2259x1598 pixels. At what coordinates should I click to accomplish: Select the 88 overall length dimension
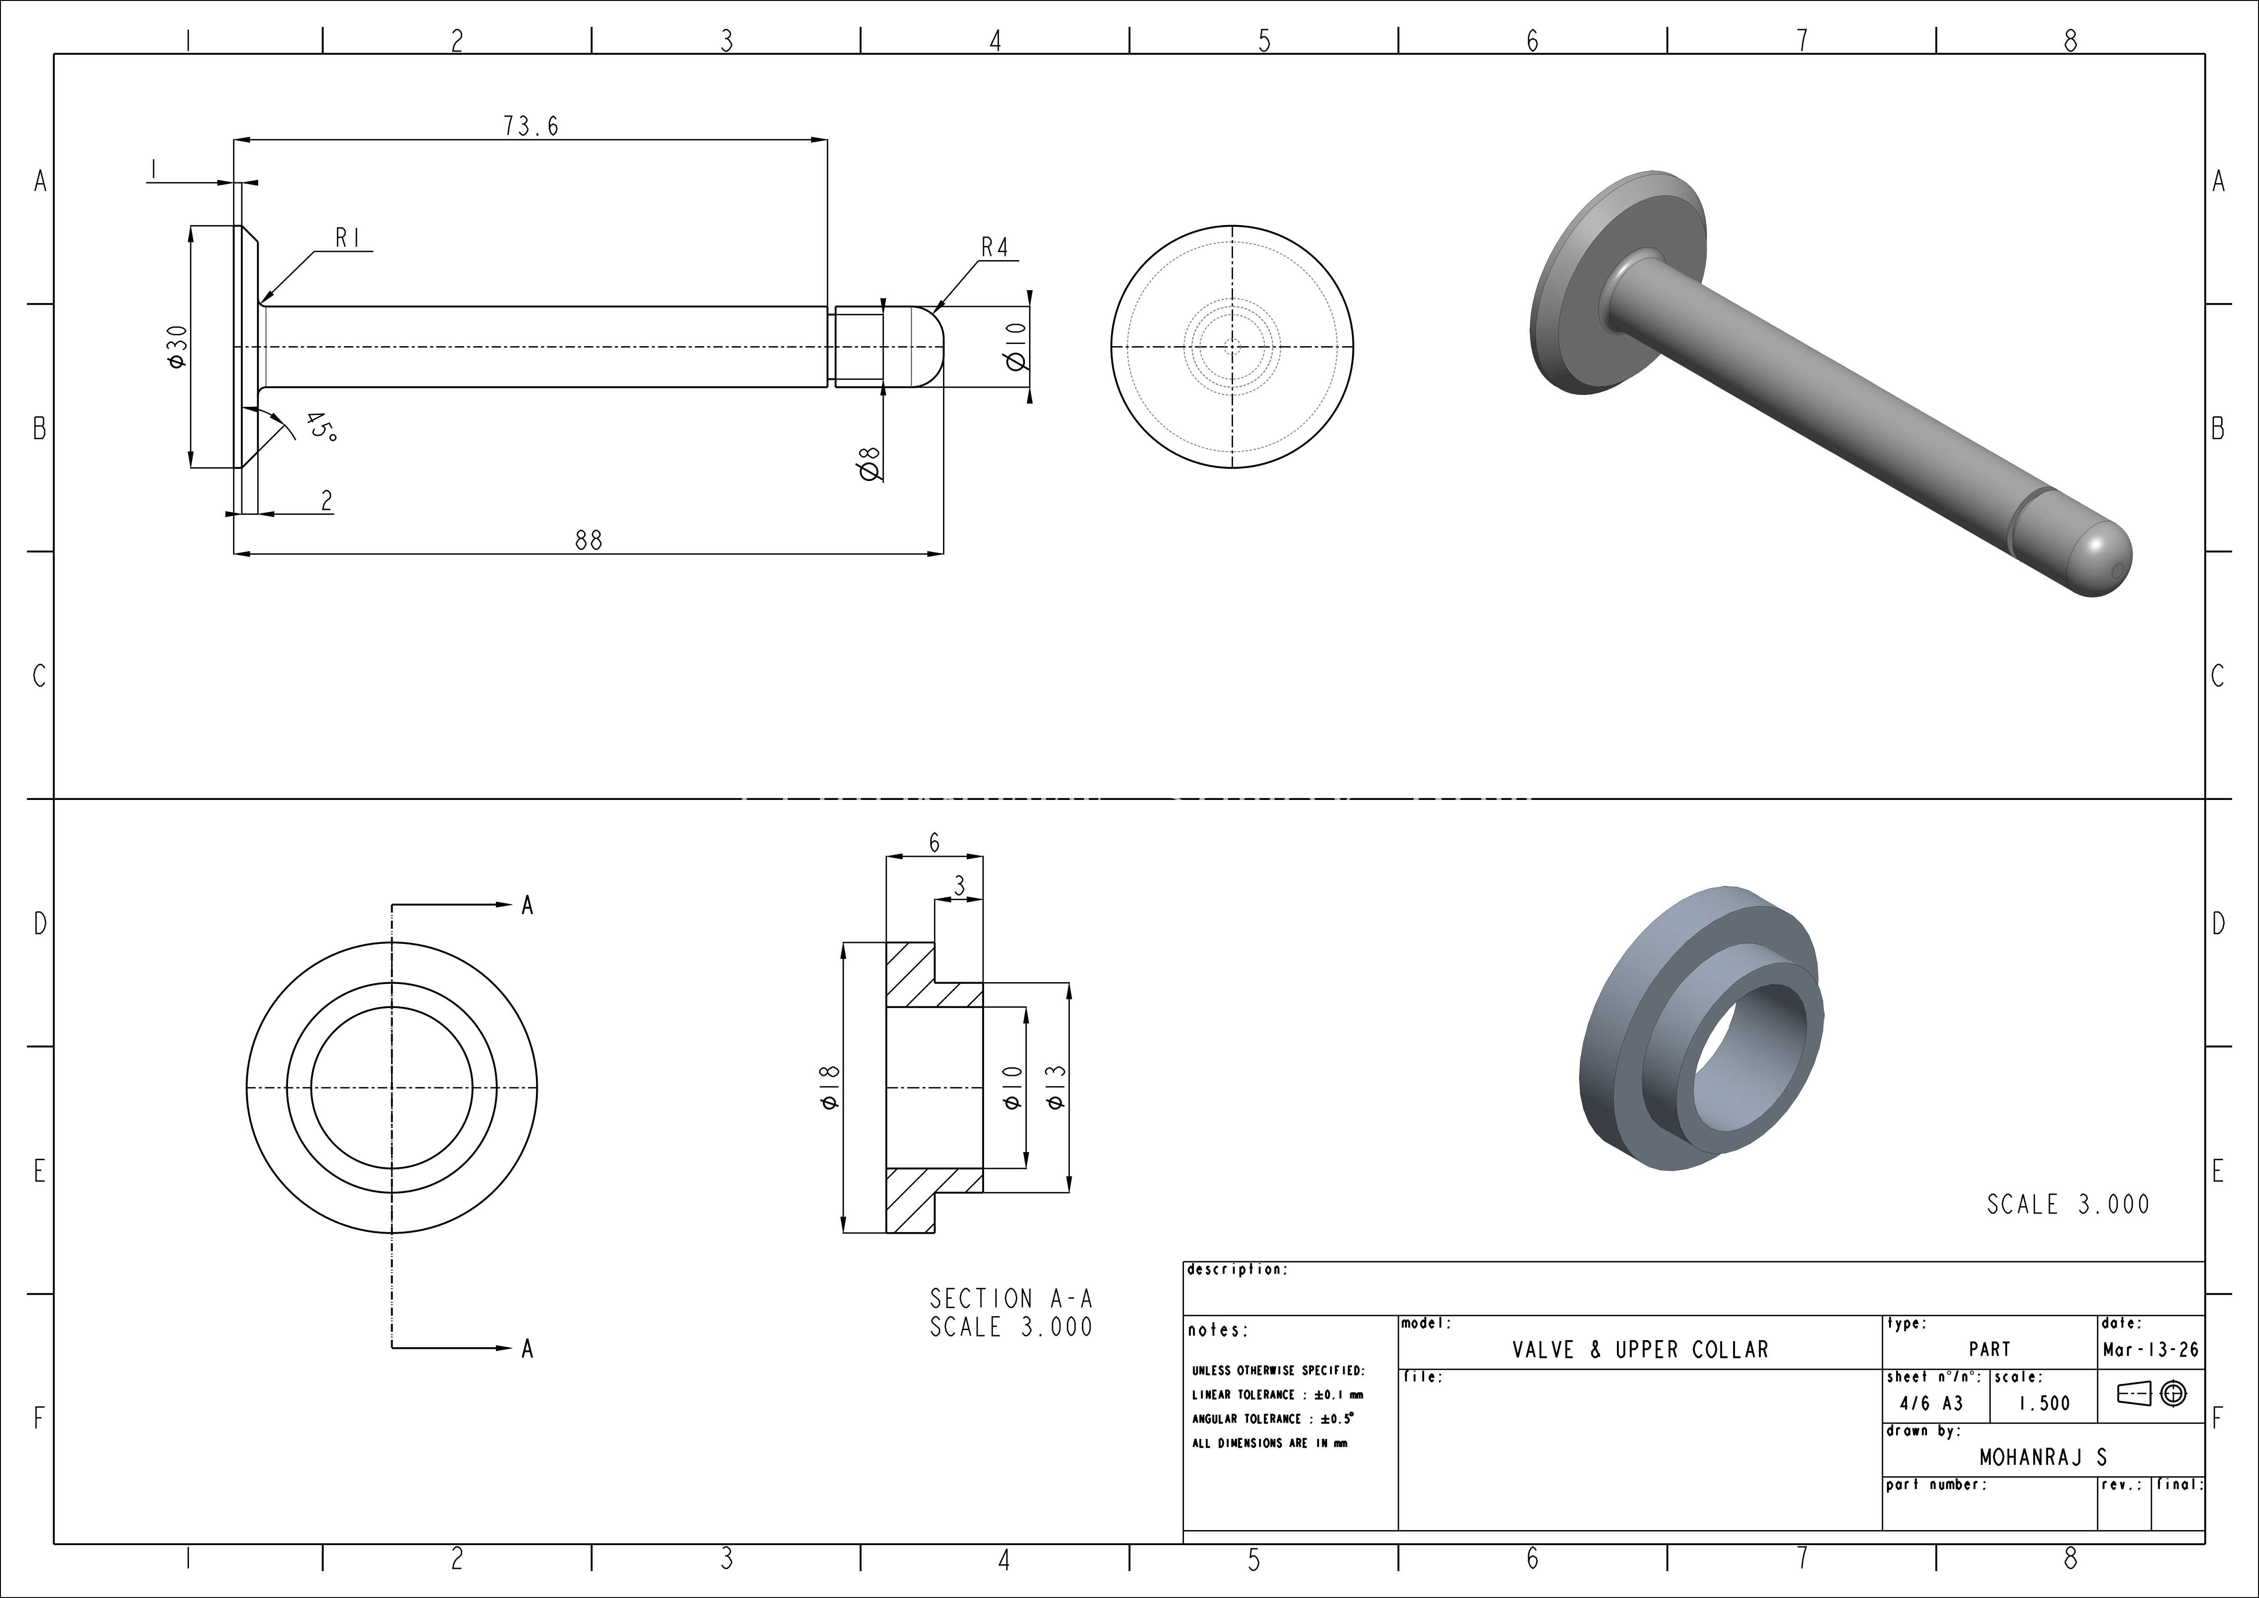coord(588,540)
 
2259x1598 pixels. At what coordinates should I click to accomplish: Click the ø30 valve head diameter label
coord(177,346)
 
